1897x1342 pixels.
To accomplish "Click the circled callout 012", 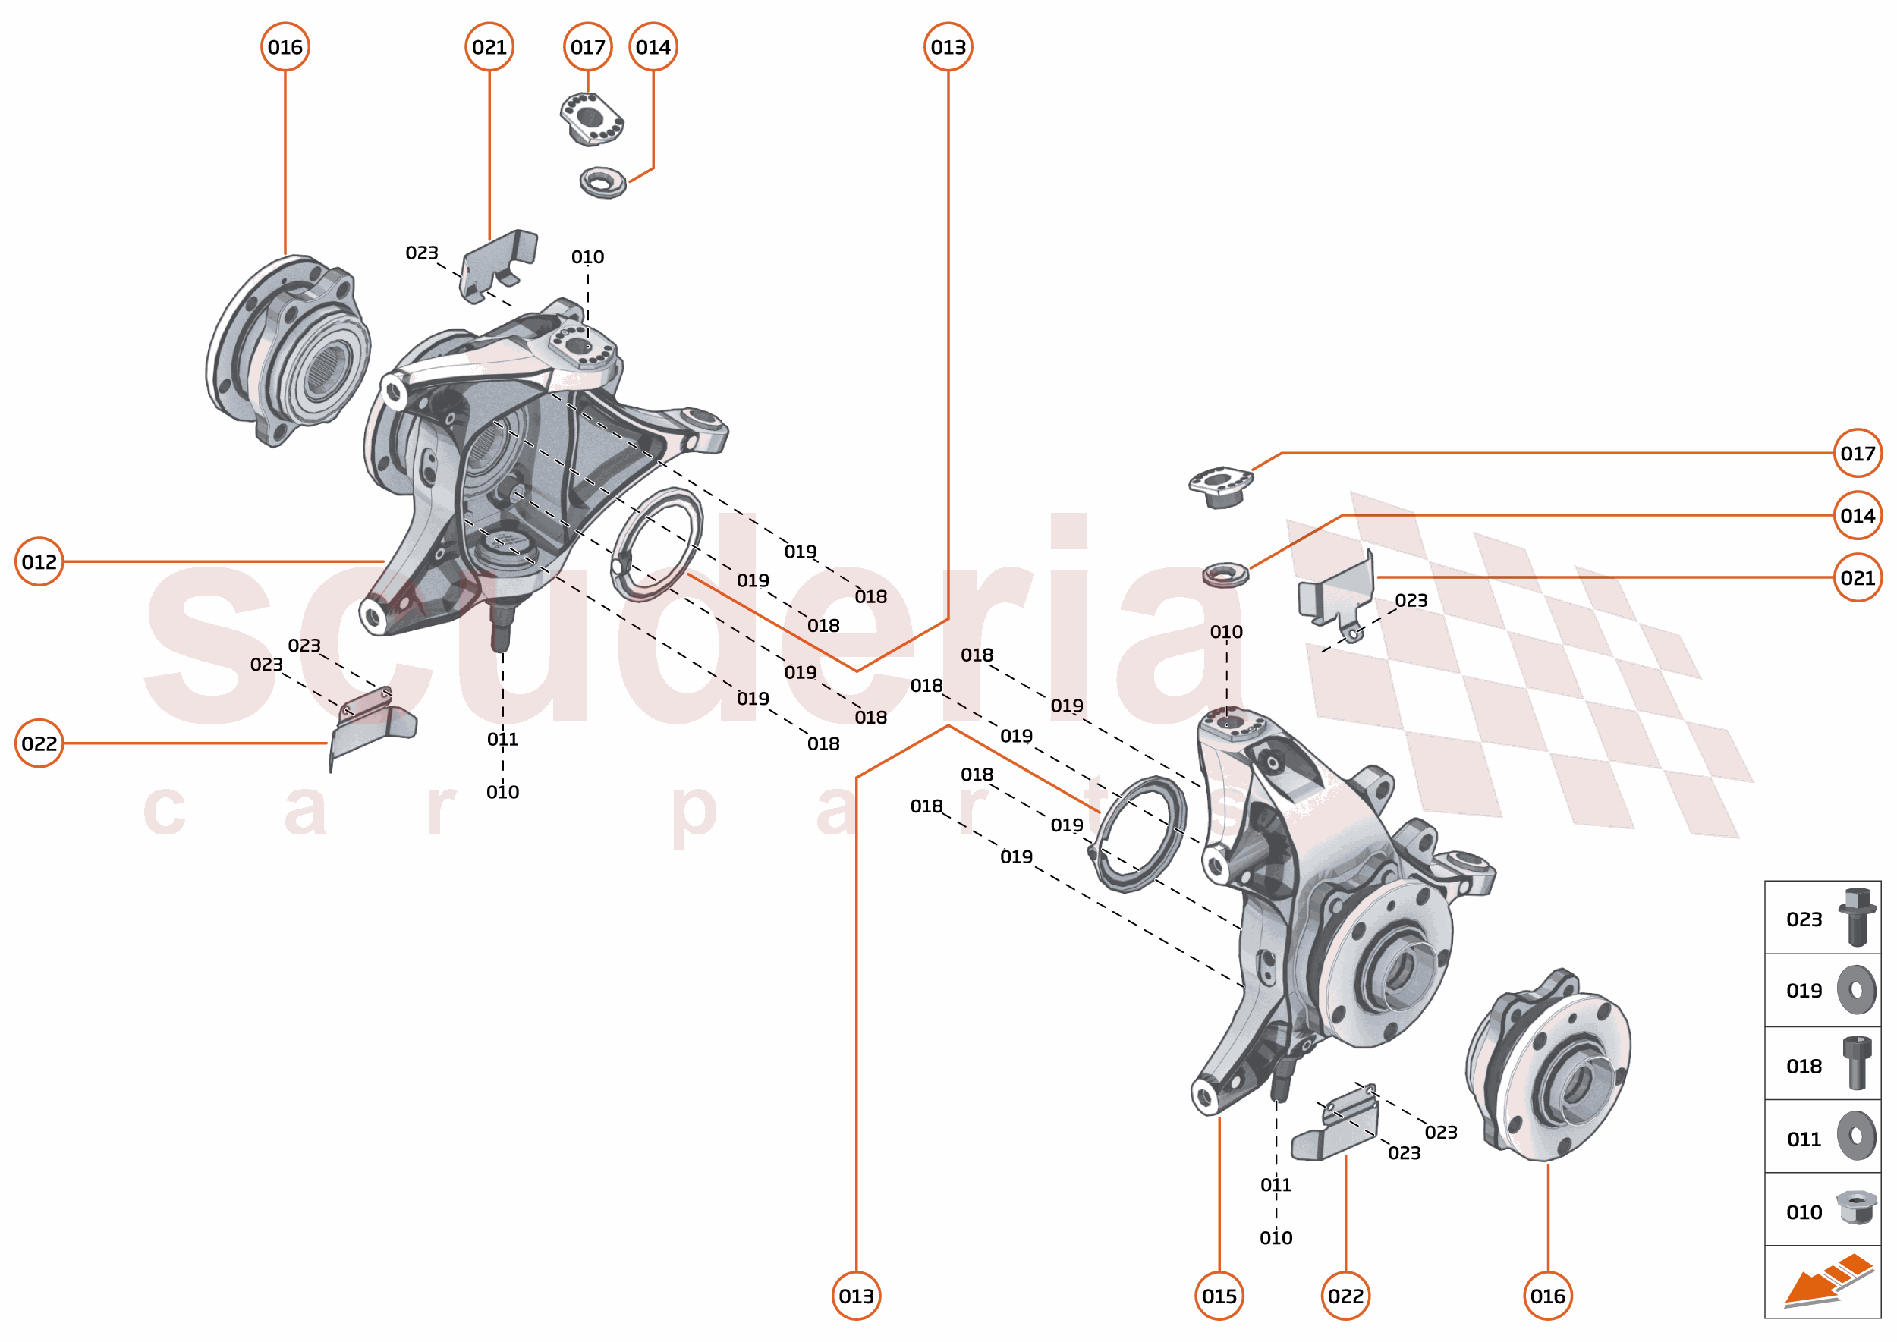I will point(39,562).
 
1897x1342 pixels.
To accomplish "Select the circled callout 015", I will point(1219,1296).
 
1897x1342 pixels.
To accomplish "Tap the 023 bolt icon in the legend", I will point(1857,917).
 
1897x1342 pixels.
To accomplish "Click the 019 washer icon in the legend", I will point(1857,989).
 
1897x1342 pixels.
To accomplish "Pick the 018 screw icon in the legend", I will point(1857,1064).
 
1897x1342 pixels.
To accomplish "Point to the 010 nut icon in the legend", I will point(1857,1208).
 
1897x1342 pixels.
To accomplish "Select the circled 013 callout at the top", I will point(948,47).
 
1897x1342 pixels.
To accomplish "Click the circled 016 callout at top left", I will point(285,47).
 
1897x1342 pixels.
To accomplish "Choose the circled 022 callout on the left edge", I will point(39,743).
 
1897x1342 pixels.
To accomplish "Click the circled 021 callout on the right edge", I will point(1858,577).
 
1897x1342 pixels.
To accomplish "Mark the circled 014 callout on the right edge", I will point(1858,516).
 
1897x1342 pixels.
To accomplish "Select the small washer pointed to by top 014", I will point(602,182).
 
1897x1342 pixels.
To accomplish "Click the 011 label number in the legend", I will point(1804,1139).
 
